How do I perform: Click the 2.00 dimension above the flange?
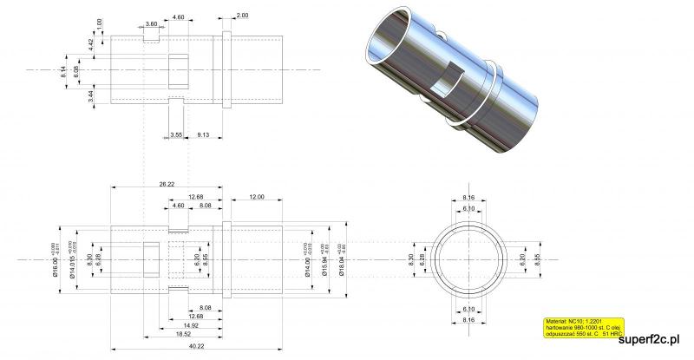(x=241, y=16)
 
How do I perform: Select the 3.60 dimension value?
(x=152, y=24)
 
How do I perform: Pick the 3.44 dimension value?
(x=91, y=95)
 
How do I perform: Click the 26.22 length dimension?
(x=167, y=184)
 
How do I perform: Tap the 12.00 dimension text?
(x=256, y=197)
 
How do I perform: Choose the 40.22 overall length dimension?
(x=197, y=347)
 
